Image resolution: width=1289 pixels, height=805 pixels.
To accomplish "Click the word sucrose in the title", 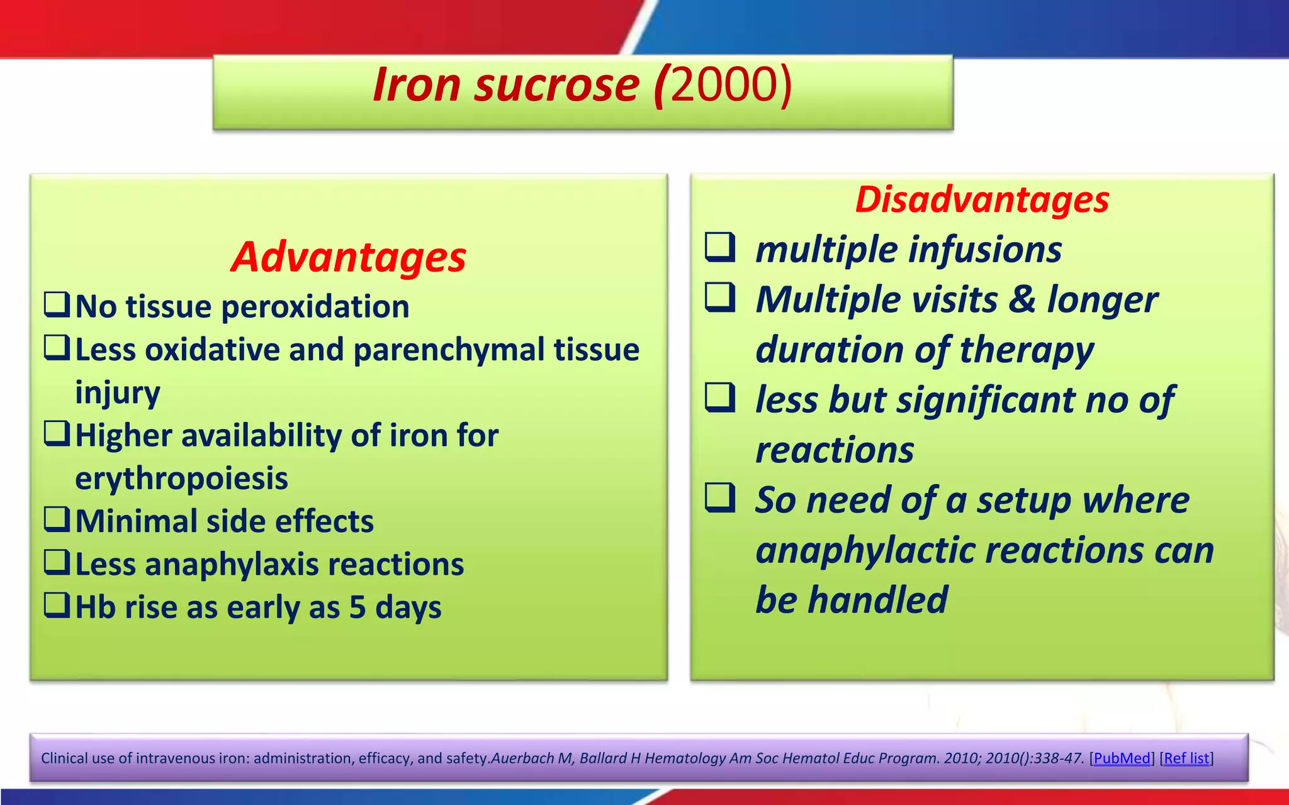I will (556, 85).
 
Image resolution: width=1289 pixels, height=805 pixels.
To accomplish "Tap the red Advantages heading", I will (348, 257).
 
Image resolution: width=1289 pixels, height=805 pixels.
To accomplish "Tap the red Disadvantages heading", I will (982, 200).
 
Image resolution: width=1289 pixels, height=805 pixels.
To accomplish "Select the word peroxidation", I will (315, 308).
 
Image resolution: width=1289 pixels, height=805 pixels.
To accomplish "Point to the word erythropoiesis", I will (181, 479).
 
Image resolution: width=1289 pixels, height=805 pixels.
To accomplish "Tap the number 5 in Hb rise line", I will (357, 608).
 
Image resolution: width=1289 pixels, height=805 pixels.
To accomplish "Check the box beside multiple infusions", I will (720, 247).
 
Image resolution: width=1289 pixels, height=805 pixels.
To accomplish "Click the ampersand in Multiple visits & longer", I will (1022, 299).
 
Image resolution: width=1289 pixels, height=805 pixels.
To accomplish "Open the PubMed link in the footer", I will (1122, 758).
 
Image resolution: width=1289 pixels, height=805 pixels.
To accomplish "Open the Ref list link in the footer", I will (1186, 758).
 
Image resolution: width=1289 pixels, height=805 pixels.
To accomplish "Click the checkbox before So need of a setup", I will (720, 497).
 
